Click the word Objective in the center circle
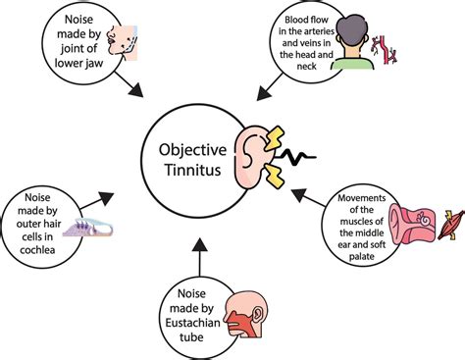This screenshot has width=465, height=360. click(199, 153)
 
